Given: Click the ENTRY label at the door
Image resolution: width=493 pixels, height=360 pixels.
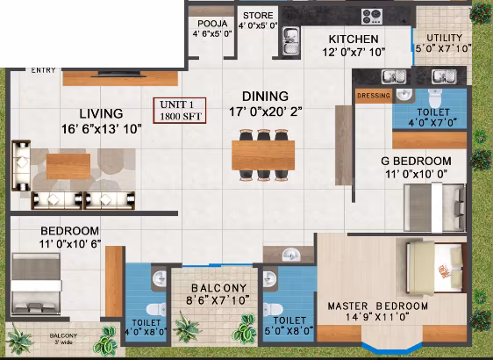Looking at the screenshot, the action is [43, 70].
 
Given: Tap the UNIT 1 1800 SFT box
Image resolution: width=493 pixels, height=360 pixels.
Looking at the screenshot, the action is [180, 111].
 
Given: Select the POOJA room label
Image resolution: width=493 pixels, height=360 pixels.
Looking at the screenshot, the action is [212, 24].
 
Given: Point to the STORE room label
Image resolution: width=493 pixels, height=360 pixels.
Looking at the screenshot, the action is [258, 16].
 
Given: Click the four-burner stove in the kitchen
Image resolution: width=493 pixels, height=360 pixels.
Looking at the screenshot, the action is [372, 17].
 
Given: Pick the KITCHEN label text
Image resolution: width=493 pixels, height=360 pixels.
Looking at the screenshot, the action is [354, 40].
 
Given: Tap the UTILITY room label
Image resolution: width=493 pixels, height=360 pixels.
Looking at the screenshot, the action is [444, 38].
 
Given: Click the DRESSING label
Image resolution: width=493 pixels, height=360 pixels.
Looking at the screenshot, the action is [374, 96].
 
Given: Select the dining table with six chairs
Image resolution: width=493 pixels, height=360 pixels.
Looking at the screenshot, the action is [263, 155].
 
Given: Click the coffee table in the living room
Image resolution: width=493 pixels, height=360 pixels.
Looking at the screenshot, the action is [68, 166].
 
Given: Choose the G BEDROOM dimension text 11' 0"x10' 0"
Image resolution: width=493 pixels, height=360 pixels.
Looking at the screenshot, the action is [417, 174].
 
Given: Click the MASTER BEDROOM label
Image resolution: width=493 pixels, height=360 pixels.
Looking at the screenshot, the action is [377, 306].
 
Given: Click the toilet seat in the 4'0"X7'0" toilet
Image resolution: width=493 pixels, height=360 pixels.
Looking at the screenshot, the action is [435, 98].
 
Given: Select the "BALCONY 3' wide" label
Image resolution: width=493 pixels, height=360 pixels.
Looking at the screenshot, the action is [63, 339].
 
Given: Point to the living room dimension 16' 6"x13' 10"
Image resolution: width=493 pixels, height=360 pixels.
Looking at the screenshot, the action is [101, 129].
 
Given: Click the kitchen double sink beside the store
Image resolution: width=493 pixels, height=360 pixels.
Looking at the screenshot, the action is [291, 41].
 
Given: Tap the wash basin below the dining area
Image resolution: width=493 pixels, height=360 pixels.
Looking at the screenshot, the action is [291, 255].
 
